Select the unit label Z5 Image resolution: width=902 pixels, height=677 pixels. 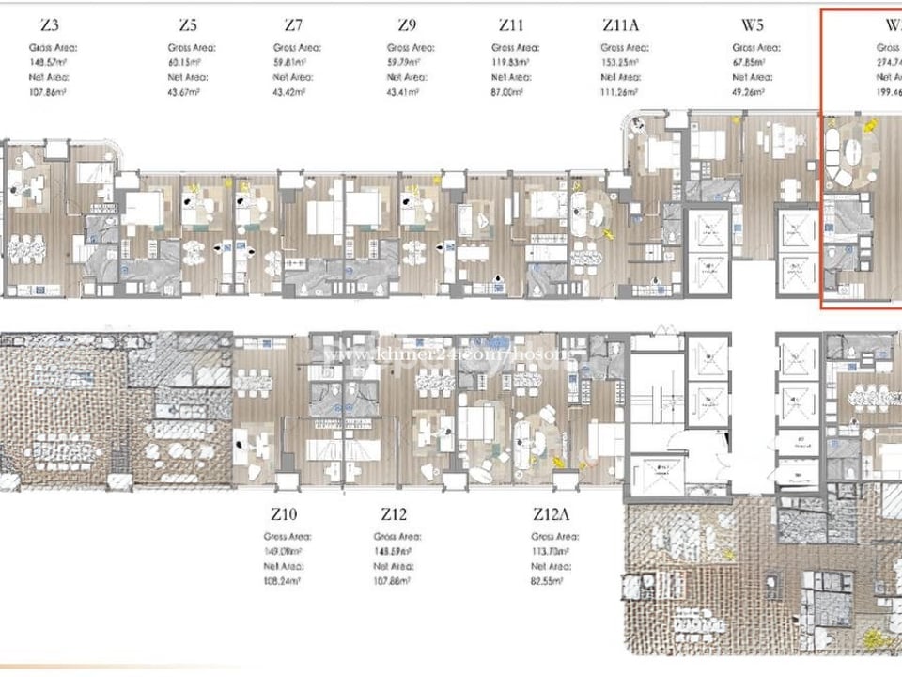pos(188,25)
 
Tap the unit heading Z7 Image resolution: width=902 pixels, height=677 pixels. pos(293,25)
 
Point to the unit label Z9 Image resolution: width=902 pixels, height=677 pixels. pos(407,25)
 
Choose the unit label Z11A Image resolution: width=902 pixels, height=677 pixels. pos(621,25)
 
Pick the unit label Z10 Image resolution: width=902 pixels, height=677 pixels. pos(285,514)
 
